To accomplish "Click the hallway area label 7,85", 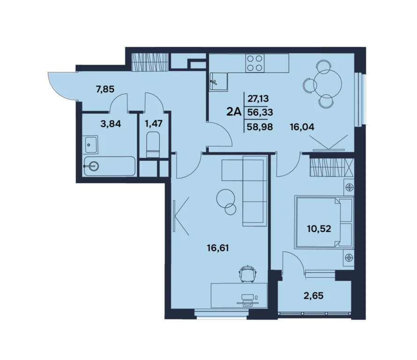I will point(105,89).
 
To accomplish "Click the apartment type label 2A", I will point(233,112).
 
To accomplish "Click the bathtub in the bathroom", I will point(109,165).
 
